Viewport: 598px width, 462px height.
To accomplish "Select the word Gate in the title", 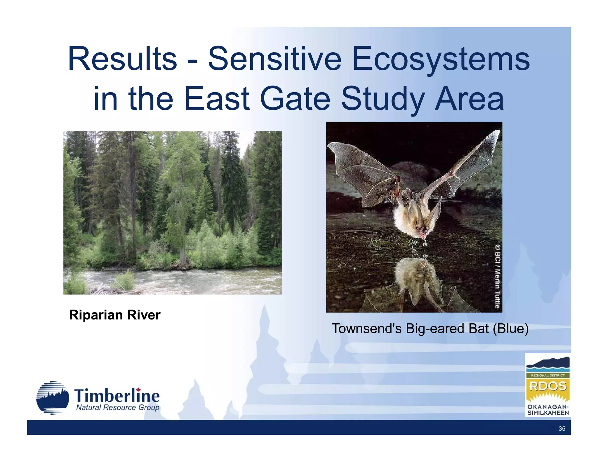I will (295, 98).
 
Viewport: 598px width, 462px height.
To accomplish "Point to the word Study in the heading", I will (383, 98).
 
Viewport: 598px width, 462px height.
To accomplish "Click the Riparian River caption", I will (115, 315).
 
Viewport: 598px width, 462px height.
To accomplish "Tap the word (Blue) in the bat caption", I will (511, 329).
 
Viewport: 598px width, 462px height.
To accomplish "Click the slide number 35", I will (562, 428).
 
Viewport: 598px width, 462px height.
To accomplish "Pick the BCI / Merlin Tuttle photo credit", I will (497, 276).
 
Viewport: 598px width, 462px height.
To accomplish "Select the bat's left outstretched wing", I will (362, 169).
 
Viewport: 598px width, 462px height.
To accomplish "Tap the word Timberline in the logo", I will (117, 396).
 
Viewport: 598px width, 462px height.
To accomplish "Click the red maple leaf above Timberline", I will (138, 390).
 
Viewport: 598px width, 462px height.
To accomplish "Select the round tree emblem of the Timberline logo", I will (53, 398).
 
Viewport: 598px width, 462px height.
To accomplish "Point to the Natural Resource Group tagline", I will (118, 407).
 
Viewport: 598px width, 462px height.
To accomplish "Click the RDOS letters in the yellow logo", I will (547, 386).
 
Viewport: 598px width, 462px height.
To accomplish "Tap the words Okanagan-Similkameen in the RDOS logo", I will (548, 410).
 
